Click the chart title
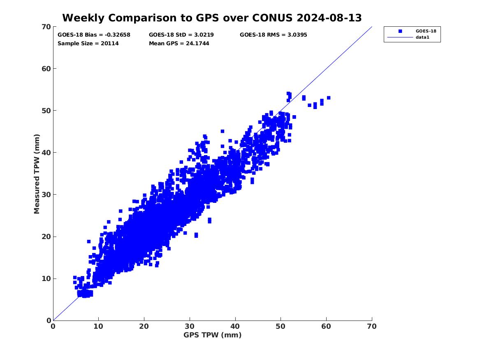(x=212, y=18)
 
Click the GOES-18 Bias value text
(x=94, y=35)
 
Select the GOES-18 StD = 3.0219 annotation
(x=181, y=35)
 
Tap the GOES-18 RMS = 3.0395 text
(x=273, y=35)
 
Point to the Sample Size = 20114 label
(x=88, y=43)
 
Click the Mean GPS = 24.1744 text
(x=179, y=43)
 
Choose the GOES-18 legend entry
(x=426, y=31)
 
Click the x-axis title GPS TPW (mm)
(x=212, y=335)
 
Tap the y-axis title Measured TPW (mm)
(x=37, y=174)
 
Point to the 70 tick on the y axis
(x=46, y=27)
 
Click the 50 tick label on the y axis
(x=46, y=111)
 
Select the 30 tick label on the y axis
(x=46, y=195)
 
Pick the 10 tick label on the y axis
(x=46, y=279)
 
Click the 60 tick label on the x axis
(x=326, y=326)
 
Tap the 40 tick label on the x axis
(x=235, y=326)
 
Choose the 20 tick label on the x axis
(x=144, y=326)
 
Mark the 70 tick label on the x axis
(x=371, y=326)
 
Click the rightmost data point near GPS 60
(x=329, y=98)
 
